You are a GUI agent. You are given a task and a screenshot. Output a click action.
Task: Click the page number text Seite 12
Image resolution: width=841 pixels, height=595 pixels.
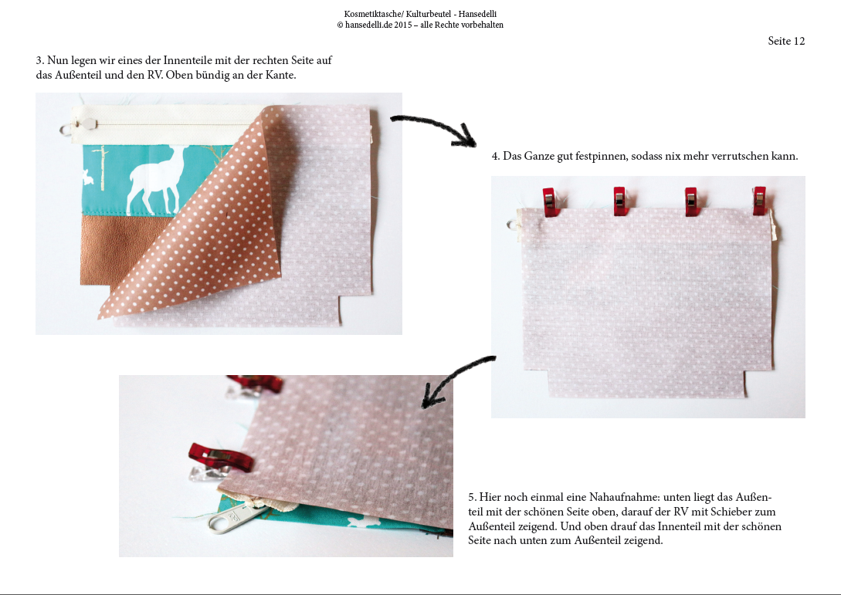786,41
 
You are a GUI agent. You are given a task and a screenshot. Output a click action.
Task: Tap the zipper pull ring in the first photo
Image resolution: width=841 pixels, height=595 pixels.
66,129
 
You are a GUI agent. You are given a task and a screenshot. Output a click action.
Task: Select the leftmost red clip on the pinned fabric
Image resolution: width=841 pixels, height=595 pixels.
549,201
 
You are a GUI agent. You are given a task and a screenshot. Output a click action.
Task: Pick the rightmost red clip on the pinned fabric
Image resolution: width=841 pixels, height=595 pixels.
759,201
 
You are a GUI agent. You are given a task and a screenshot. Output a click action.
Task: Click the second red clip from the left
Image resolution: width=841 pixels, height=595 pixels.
620,201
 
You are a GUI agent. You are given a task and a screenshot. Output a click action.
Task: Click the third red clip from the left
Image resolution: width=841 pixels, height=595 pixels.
691,201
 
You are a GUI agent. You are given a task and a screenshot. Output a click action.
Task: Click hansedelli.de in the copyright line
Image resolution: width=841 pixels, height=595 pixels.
368,25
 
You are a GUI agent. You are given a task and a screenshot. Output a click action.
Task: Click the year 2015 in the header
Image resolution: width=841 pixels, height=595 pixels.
403,25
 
